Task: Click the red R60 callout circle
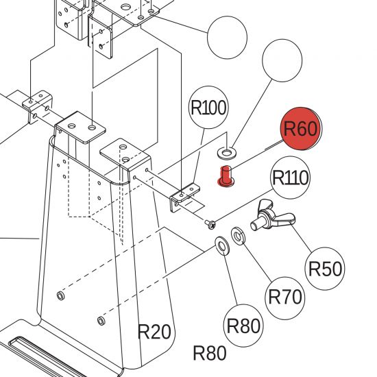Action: coord(301,129)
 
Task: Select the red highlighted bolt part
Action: coord(226,176)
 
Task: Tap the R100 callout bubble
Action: coord(208,108)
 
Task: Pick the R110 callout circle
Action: coord(290,178)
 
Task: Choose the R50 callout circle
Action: coord(325,269)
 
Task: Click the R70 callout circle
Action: coord(285,298)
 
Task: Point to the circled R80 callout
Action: coord(243,326)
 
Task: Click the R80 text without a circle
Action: coord(210,353)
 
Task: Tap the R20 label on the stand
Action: coord(154,331)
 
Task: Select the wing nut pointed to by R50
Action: coord(272,217)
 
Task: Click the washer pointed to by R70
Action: coord(238,236)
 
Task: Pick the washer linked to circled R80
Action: coord(222,246)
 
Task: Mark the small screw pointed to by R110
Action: coord(210,224)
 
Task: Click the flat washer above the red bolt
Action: coord(227,153)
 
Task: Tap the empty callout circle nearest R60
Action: coord(282,60)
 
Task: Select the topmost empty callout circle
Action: coord(227,38)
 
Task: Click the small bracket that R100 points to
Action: coord(184,197)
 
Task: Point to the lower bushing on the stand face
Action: coord(101,321)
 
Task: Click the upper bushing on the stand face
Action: coord(60,295)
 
